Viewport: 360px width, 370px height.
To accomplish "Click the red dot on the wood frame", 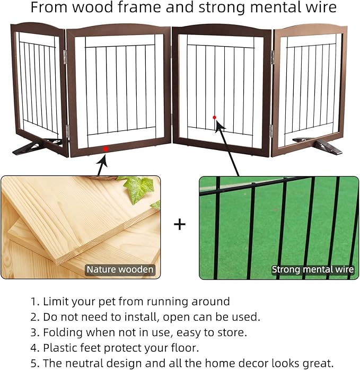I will pos(106,149).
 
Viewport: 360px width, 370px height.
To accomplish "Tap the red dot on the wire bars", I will pos(214,117).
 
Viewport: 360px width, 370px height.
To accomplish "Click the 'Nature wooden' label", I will pos(120,269).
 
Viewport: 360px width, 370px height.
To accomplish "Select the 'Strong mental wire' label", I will pos(313,269).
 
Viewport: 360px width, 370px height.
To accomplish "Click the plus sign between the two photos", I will pos(180,224).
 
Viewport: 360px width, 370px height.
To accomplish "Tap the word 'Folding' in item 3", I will pos(62,332).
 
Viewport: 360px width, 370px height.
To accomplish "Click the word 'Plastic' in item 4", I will pos(60,348).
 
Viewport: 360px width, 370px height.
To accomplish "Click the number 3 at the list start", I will pos(34,332).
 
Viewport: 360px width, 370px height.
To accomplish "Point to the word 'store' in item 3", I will pos(232,332).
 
